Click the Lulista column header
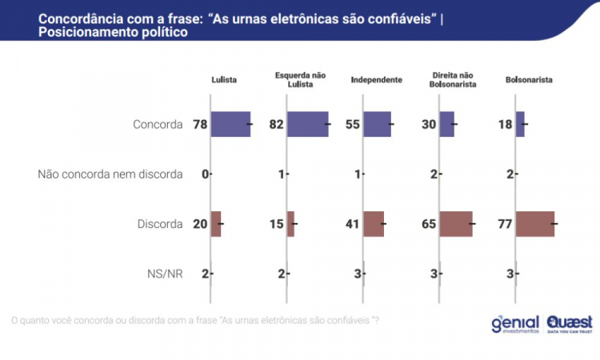pyautogui.click(x=224, y=81)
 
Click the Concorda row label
pyautogui.click(x=158, y=125)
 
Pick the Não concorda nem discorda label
pyautogui.click(x=110, y=174)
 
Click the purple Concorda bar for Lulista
pyautogui.click(x=230, y=125)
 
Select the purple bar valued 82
pyautogui.click(x=307, y=125)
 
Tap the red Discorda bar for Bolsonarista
pyautogui.click(x=535, y=224)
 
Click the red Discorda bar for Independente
pyautogui.click(x=374, y=224)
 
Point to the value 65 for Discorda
pyautogui.click(x=429, y=224)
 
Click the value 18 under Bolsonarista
pyautogui.click(x=506, y=125)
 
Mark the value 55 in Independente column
pyautogui.click(x=353, y=125)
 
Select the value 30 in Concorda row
pyautogui.click(x=429, y=125)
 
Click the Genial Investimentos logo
pyautogui.click(x=515, y=322)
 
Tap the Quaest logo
pyautogui.click(x=568, y=322)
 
